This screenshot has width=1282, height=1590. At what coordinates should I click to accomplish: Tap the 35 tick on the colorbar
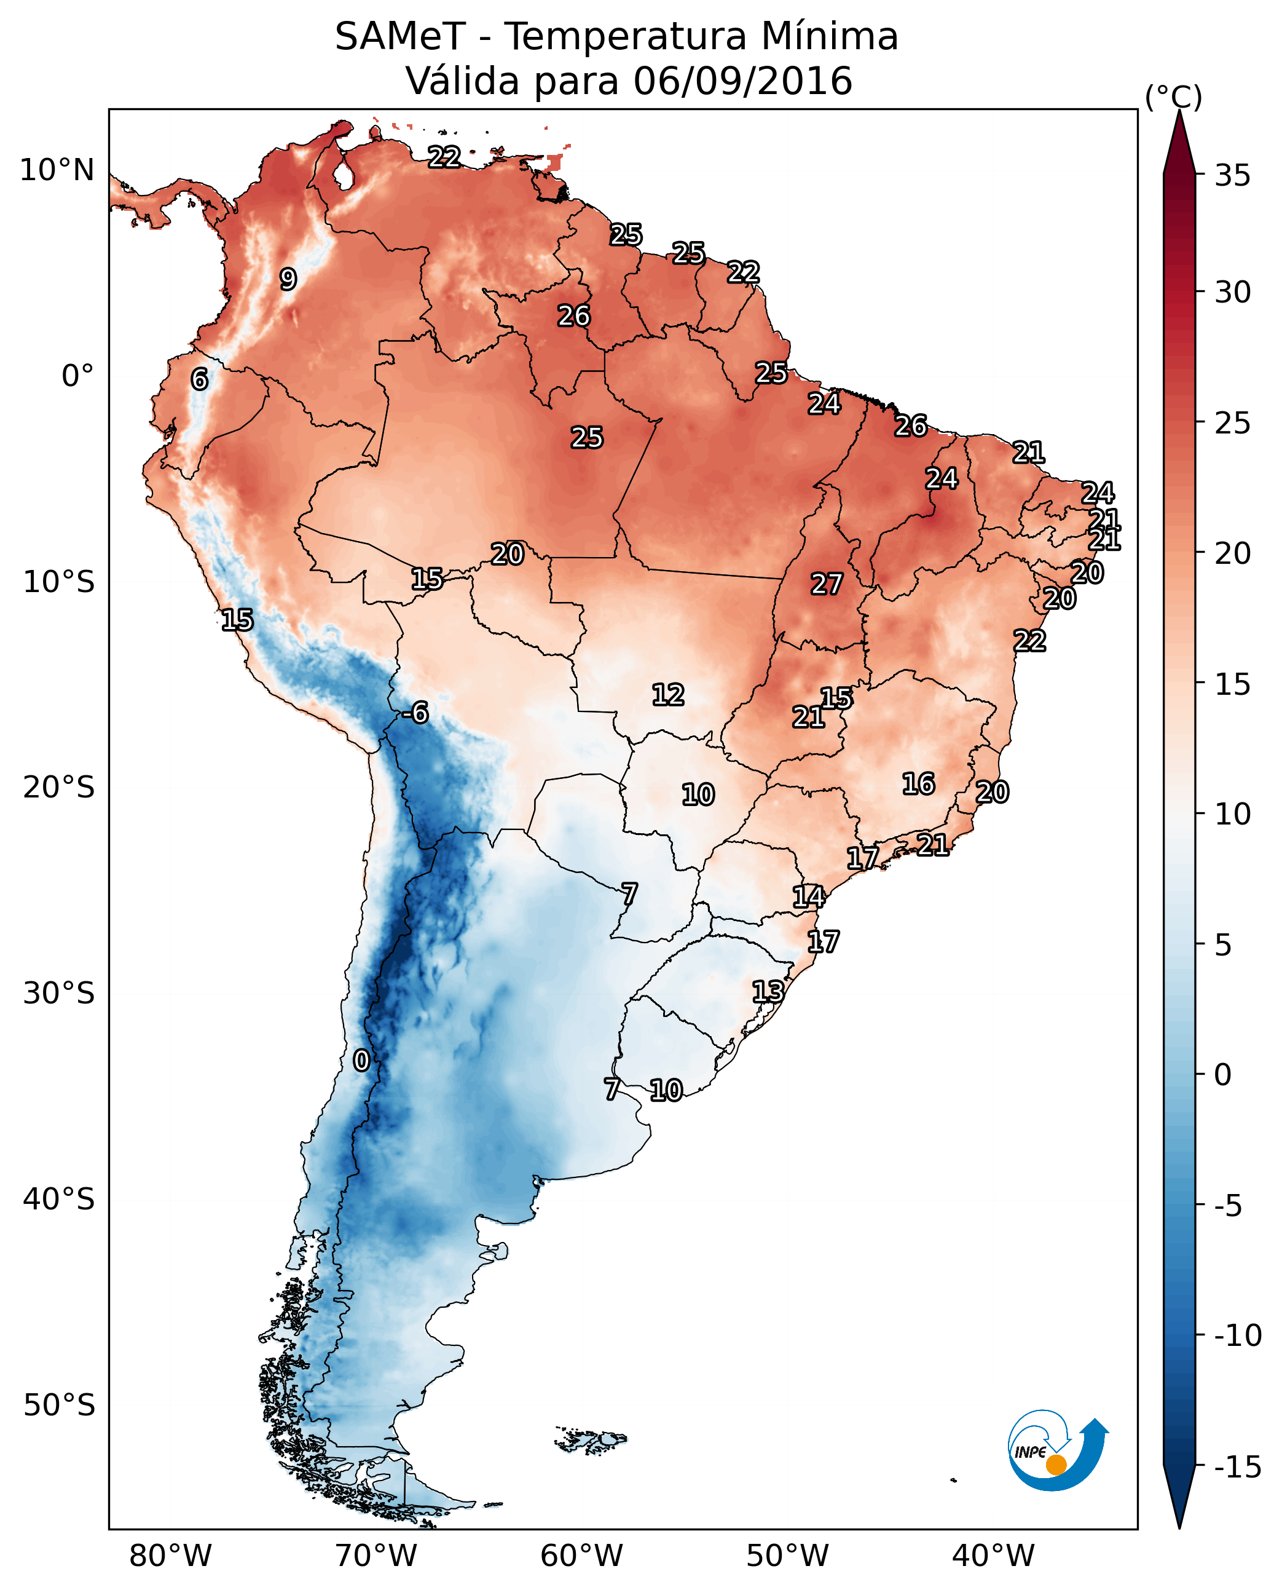1232,176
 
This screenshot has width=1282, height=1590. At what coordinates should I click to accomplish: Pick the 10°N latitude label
57,171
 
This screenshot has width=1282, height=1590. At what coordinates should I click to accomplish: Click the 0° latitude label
77,376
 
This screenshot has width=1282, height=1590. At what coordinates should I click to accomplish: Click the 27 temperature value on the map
827,585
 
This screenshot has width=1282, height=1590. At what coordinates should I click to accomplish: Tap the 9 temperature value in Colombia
288,279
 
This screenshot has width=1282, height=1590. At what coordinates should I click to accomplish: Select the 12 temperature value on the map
668,695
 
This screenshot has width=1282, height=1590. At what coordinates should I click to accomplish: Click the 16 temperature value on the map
919,784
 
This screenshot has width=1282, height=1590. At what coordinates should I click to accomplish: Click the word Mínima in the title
829,37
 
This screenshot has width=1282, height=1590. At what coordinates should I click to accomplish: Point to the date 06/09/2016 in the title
742,81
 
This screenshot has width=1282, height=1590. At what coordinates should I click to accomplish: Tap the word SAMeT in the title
400,37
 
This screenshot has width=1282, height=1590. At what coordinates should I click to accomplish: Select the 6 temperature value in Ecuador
199,379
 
